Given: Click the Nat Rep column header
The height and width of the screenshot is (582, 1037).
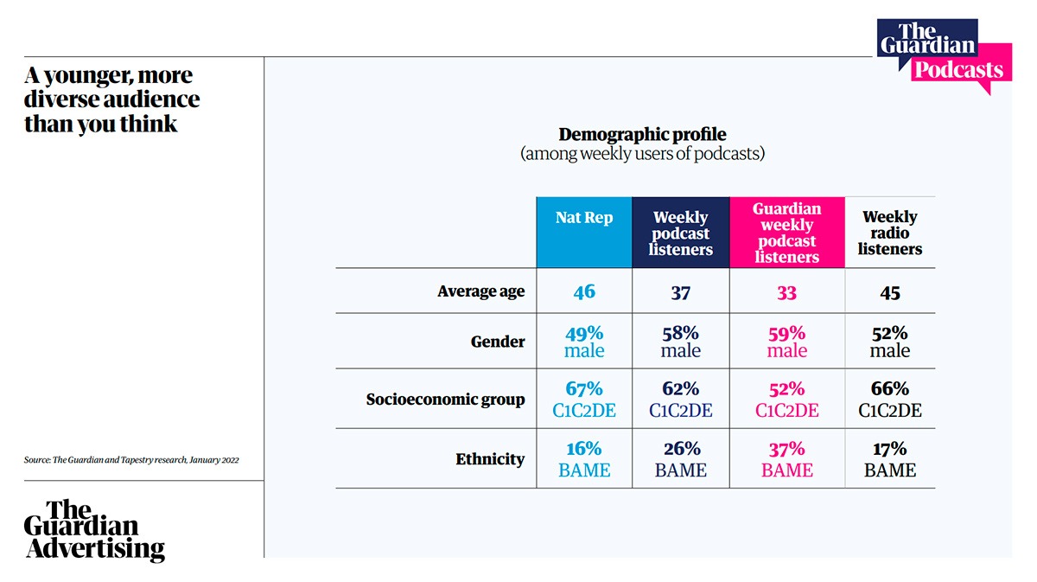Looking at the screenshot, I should (584, 218).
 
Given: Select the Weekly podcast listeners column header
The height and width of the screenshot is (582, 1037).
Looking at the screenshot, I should (681, 233).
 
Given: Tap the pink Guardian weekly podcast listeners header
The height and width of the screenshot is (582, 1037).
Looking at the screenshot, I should (786, 233).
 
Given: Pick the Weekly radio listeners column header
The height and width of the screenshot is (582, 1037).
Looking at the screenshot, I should (890, 233).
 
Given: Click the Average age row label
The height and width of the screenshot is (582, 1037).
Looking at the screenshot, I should (480, 291).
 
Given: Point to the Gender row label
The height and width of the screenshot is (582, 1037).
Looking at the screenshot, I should (497, 342).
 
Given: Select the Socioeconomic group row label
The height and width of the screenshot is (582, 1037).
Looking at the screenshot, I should (445, 400).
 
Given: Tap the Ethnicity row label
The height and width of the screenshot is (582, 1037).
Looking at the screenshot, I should (489, 459).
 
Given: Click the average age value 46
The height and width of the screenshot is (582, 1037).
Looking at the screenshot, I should (584, 291).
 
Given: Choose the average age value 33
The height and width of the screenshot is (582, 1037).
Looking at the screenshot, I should (786, 292).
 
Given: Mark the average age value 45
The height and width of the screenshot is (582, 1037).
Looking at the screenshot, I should (890, 292).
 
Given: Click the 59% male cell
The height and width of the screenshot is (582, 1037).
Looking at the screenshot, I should (786, 342).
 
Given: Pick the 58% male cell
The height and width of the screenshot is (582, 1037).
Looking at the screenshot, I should (681, 342).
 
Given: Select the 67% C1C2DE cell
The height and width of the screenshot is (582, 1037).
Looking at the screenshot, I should (584, 400).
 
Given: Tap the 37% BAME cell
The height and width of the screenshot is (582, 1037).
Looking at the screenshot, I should (786, 459).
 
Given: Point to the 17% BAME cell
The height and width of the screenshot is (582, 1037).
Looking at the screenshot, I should (890, 459).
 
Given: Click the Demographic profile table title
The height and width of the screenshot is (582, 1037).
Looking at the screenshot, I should (642, 135).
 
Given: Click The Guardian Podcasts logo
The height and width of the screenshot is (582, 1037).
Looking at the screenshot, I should (944, 54).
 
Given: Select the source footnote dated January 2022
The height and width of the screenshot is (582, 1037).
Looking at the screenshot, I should (131, 460).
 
